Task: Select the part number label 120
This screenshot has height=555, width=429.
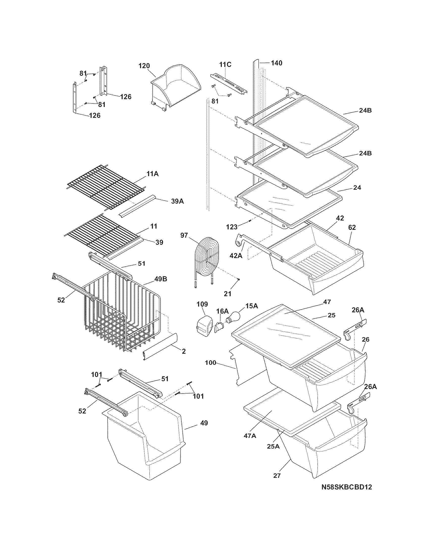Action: [x=144, y=66]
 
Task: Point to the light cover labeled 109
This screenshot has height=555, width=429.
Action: [x=205, y=325]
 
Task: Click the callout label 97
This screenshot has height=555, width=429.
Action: [x=184, y=235]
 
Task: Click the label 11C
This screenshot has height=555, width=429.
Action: [x=225, y=65]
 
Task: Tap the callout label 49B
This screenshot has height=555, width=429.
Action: [x=160, y=279]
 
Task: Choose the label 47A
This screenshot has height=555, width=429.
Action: [x=250, y=436]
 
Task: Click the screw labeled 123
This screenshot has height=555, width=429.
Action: [x=250, y=220]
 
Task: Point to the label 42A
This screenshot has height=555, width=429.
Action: [x=236, y=256]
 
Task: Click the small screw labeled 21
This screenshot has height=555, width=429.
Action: [x=239, y=279]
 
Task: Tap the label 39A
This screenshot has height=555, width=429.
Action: [x=177, y=201]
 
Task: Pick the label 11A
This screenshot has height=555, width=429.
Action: [x=152, y=174]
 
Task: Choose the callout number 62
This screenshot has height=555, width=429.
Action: [x=352, y=227]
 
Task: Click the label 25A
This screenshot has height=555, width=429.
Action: [x=273, y=446]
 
